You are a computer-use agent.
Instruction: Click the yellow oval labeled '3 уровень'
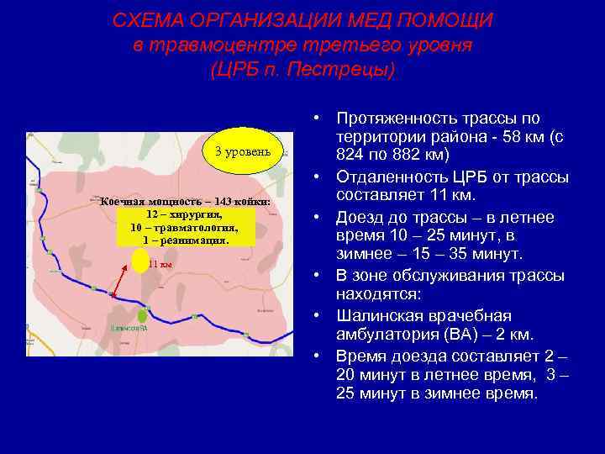pyautogui.click(x=242, y=151)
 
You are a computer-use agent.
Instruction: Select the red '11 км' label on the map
pyautogui.click(x=160, y=264)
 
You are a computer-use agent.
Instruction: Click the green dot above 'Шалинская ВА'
pyautogui.click(x=142, y=316)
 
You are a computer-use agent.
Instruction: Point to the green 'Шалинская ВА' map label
pyautogui.click(x=129, y=328)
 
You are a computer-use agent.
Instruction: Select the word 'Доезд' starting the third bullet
pyautogui.click(x=358, y=217)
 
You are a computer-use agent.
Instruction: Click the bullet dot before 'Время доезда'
pyautogui.click(x=321, y=354)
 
